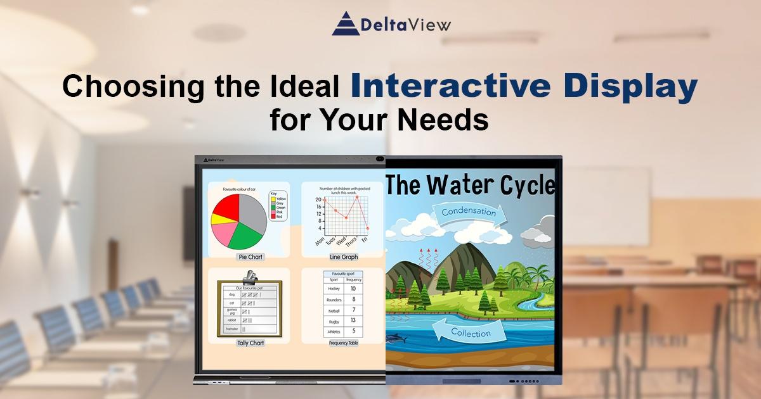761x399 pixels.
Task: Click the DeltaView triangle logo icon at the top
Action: [346, 23]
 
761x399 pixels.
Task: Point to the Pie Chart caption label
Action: [250, 257]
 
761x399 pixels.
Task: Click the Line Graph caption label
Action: [344, 257]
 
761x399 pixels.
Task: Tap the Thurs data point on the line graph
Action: [357, 197]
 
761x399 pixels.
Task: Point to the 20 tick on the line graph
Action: [318, 199]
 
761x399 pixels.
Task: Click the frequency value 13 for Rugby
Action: [353, 320]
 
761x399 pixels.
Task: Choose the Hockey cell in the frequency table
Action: [334, 289]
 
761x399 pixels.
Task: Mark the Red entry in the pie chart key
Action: [278, 217]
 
